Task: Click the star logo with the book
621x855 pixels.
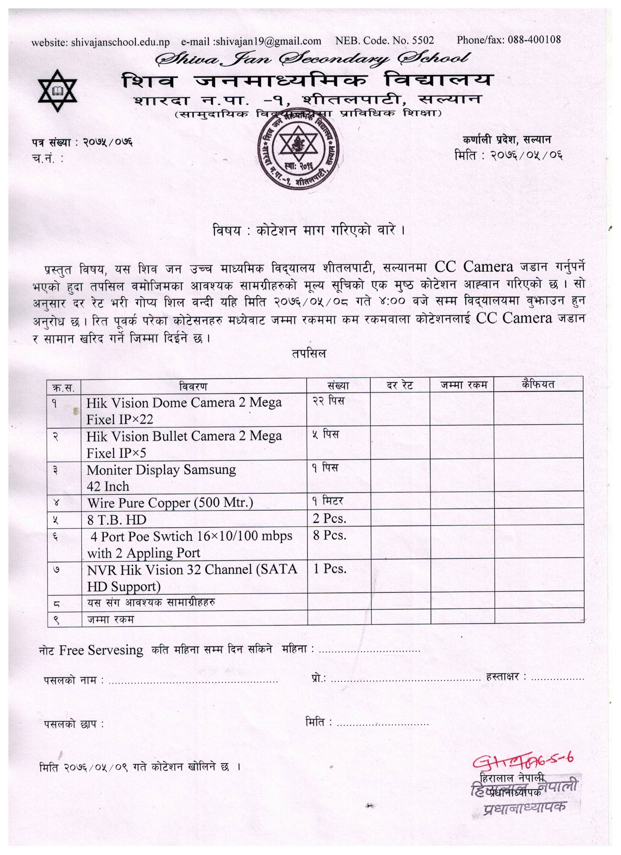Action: tap(58, 90)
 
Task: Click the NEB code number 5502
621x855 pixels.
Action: tap(423, 40)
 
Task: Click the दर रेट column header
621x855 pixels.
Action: tap(400, 385)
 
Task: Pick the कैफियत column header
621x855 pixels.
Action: tap(538, 384)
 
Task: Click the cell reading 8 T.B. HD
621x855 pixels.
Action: tap(117, 520)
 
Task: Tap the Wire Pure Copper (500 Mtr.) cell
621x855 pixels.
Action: tap(170, 502)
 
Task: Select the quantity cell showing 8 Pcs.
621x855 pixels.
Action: tap(329, 535)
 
